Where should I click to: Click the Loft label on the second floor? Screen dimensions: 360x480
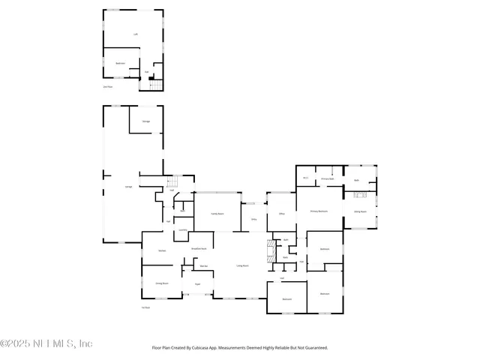click(136, 34)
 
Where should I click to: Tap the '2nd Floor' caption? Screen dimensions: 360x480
click(107, 87)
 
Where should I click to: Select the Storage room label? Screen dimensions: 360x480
click(146, 121)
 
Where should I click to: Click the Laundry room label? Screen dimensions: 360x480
click(182, 230)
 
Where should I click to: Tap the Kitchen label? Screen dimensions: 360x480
click(162, 250)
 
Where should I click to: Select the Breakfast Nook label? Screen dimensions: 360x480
click(199, 248)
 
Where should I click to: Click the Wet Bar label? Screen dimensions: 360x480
click(203, 266)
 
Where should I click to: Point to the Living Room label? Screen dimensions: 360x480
click(242, 265)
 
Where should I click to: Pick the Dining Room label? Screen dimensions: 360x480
click(161, 283)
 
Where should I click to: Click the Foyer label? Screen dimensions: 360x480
click(197, 284)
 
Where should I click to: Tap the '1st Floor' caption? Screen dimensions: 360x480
click(146, 307)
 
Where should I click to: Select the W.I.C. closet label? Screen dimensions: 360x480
click(306, 178)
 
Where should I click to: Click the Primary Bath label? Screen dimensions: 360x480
click(327, 179)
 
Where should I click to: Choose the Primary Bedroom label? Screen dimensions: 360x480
click(319, 212)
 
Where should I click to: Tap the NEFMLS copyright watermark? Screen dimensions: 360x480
click(46, 343)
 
